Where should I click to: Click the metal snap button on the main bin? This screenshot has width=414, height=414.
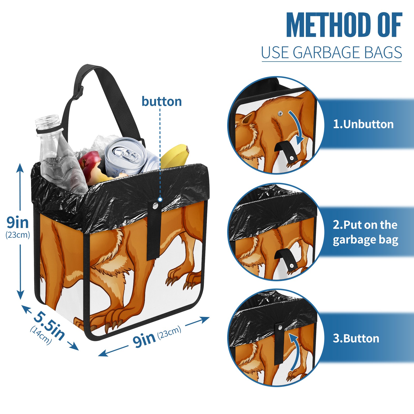click(x=155, y=206)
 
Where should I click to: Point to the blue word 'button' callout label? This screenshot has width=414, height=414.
click(x=162, y=101)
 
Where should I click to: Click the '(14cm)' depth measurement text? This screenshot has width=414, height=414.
click(x=41, y=335)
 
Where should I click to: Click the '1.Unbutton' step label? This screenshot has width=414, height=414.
click(x=363, y=124)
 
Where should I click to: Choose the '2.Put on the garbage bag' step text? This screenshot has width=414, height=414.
click(x=365, y=232)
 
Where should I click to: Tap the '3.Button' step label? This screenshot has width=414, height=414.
click(x=356, y=338)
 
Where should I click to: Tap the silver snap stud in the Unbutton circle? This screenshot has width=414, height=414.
click(x=280, y=113)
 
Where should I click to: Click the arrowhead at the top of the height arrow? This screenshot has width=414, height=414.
click(x=20, y=168)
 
